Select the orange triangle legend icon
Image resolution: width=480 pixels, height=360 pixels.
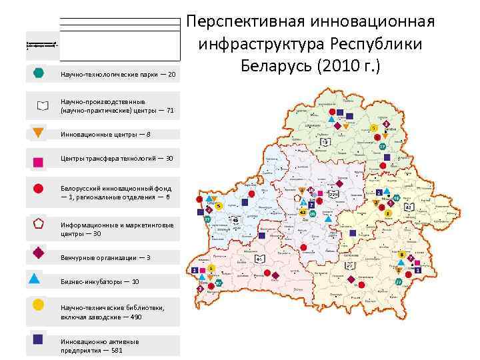[x=39, y=132]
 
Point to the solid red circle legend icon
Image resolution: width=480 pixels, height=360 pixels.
[x=39, y=188]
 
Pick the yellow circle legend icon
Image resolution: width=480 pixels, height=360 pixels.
[x=39, y=305]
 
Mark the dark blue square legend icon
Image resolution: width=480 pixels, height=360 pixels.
[x=39, y=339]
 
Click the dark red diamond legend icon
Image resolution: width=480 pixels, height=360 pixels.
[x=39, y=253]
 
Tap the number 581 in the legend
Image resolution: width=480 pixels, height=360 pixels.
[x=117, y=350]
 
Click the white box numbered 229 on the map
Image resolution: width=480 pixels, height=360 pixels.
[x=333, y=194]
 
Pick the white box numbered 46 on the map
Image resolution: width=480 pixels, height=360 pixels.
[x=235, y=219]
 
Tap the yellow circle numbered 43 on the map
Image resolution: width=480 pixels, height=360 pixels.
[x=303, y=212]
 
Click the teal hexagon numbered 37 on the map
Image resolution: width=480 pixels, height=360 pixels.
[x=383, y=147]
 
